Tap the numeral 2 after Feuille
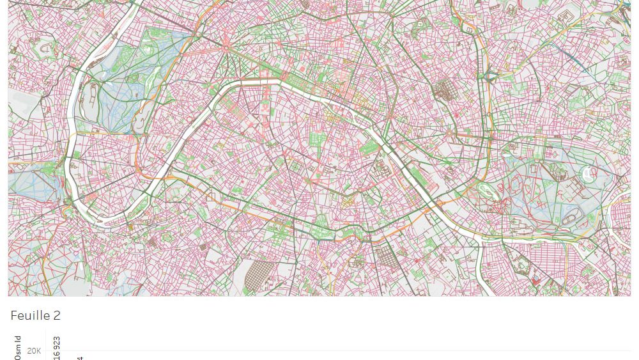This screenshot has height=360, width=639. click(x=56, y=316)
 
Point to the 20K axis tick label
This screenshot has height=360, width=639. click(x=34, y=350)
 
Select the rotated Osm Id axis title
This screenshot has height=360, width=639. click(x=18, y=347)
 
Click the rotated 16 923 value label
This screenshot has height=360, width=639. click(x=57, y=347)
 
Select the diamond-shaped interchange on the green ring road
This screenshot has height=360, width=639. click(x=491, y=77)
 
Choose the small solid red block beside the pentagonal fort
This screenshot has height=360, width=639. click(x=535, y=281)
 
